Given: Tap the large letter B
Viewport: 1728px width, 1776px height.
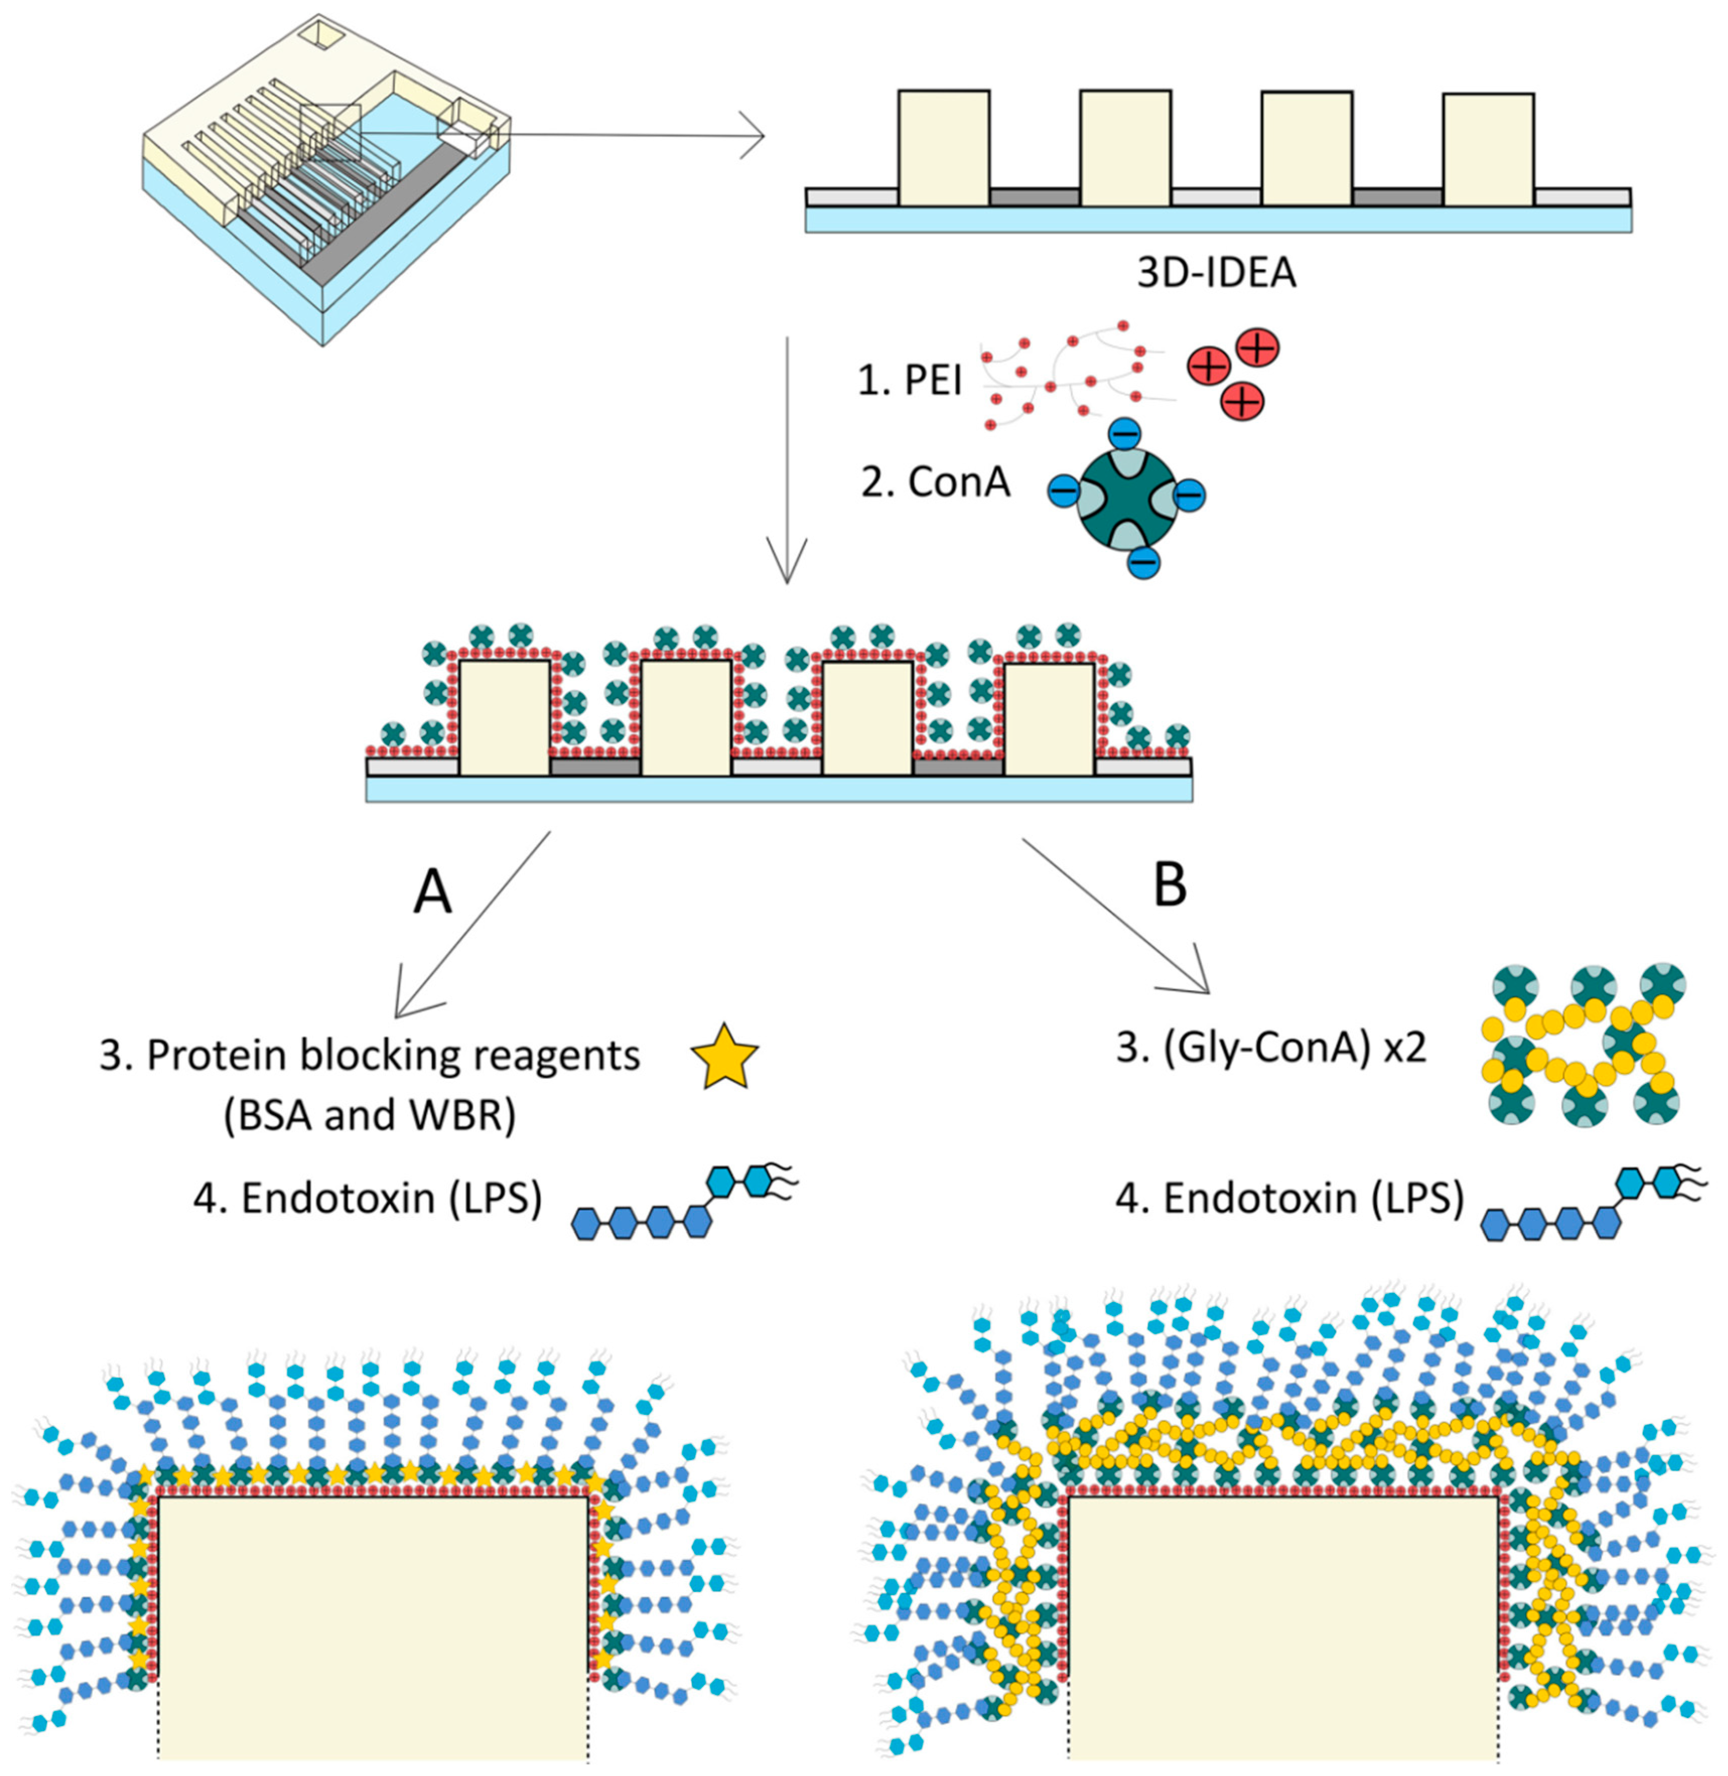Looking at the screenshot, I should (x=1170, y=885).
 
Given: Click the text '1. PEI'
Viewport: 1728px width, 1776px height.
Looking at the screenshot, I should (x=910, y=380).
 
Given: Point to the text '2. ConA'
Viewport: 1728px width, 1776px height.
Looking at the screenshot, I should (x=936, y=482).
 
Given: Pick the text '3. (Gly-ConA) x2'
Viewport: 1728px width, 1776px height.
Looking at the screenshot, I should (x=1271, y=1048).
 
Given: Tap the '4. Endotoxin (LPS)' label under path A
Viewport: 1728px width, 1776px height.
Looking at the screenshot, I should (x=368, y=1199).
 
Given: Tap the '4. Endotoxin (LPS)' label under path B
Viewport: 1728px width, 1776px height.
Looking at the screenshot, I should (x=1290, y=1199).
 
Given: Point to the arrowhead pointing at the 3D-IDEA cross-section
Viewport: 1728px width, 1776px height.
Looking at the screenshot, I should (x=755, y=136).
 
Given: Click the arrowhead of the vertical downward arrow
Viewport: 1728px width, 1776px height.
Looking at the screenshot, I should (x=786, y=567).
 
